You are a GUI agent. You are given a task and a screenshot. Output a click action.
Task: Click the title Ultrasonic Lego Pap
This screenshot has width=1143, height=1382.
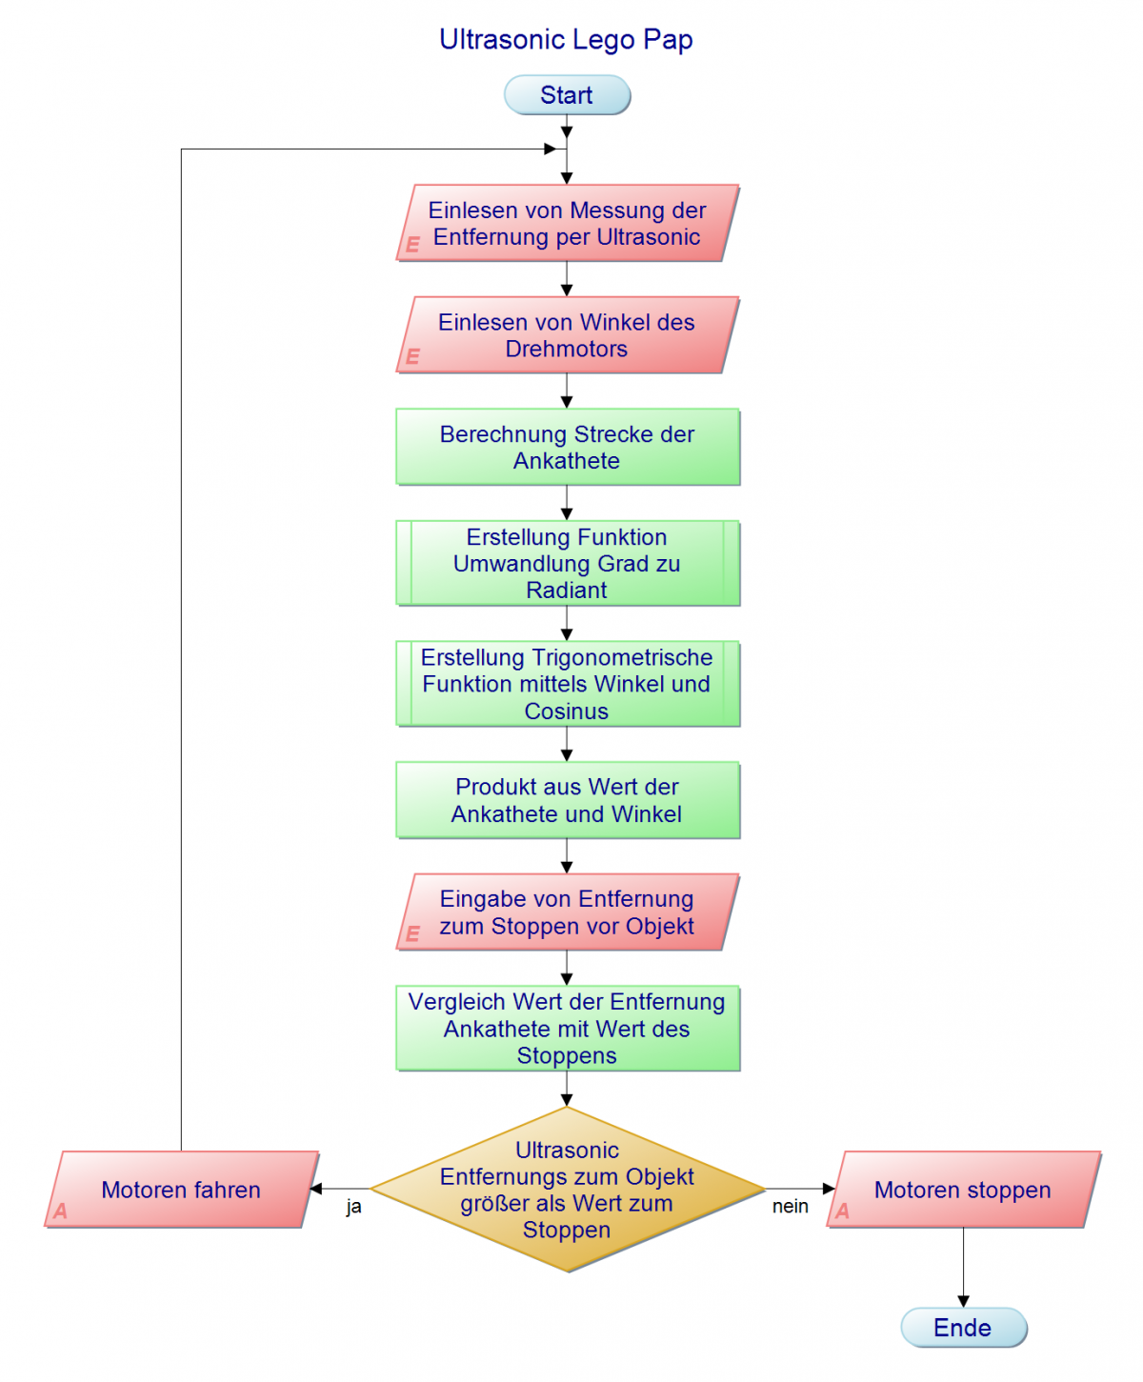[x=566, y=40]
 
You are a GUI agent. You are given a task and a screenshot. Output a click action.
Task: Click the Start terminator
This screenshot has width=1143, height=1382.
[x=567, y=95]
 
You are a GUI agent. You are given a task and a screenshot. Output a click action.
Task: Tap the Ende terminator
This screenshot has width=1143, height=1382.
[x=963, y=1328]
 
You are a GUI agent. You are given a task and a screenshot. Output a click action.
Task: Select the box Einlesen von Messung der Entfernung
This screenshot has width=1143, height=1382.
[x=568, y=223]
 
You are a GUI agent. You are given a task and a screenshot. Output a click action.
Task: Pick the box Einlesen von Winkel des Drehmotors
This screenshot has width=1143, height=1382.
[x=568, y=335]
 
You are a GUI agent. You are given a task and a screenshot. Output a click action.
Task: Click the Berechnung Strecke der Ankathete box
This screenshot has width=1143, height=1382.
[x=568, y=447]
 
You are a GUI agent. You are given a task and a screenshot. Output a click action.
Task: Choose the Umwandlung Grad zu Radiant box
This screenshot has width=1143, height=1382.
[x=568, y=563]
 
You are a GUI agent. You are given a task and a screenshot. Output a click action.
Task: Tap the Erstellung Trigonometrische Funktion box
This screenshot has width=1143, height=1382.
[x=568, y=684]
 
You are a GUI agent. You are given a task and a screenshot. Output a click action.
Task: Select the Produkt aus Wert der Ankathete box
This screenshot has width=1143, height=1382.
[x=568, y=800]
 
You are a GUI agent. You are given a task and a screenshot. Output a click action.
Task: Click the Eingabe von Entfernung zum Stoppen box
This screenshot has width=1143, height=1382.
[x=568, y=912]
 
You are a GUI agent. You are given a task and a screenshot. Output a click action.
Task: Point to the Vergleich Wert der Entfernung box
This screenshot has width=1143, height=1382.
[x=568, y=1029]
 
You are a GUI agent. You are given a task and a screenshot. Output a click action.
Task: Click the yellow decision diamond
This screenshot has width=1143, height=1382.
[x=568, y=1190]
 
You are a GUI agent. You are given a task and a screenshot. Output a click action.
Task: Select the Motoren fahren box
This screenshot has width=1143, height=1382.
[x=181, y=1190]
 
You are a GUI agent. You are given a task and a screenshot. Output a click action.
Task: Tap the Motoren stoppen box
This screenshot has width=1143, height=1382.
[x=963, y=1190]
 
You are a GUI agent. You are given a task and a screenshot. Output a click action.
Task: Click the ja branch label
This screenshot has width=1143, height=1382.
[x=353, y=1207]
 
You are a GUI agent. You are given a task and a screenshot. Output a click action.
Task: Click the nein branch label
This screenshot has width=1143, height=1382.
[x=790, y=1207]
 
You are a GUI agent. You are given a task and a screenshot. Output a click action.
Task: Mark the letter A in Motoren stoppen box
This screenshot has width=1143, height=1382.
[x=842, y=1212]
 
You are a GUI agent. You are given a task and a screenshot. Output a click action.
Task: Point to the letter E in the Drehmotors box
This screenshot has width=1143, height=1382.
[x=412, y=356]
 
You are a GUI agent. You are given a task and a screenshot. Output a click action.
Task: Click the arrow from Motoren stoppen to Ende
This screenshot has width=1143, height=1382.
[x=963, y=1267]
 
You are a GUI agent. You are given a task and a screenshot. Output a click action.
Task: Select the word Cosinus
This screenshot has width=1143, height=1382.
[x=566, y=711]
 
